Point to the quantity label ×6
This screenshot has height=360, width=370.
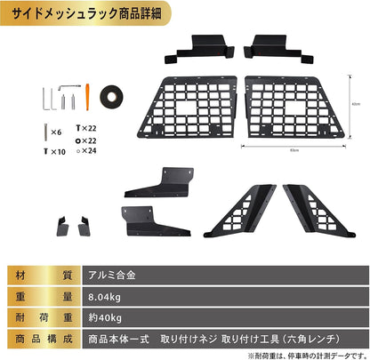tap(57, 132)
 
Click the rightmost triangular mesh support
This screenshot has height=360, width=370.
tap(311, 211)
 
